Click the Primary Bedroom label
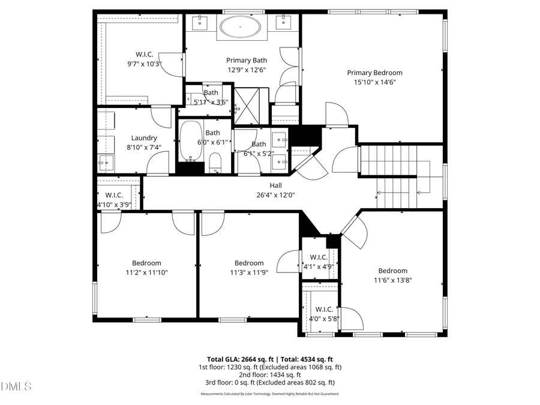tap(374, 73)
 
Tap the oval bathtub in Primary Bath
tap(240, 27)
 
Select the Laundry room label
tap(144, 137)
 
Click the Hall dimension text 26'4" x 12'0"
tap(275, 194)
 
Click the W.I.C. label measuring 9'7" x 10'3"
tap(144, 55)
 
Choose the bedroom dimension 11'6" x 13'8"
tap(393, 280)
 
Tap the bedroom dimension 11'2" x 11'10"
tap(147, 272)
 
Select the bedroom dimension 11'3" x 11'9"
tap(249, 272)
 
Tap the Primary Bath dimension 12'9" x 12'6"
tap(246, 70)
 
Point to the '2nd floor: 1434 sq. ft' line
tap(270, 374)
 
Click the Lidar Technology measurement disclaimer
tap(270, 394)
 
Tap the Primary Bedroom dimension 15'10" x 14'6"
tap(374, 82)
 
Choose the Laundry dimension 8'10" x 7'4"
tap(144, 147)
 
